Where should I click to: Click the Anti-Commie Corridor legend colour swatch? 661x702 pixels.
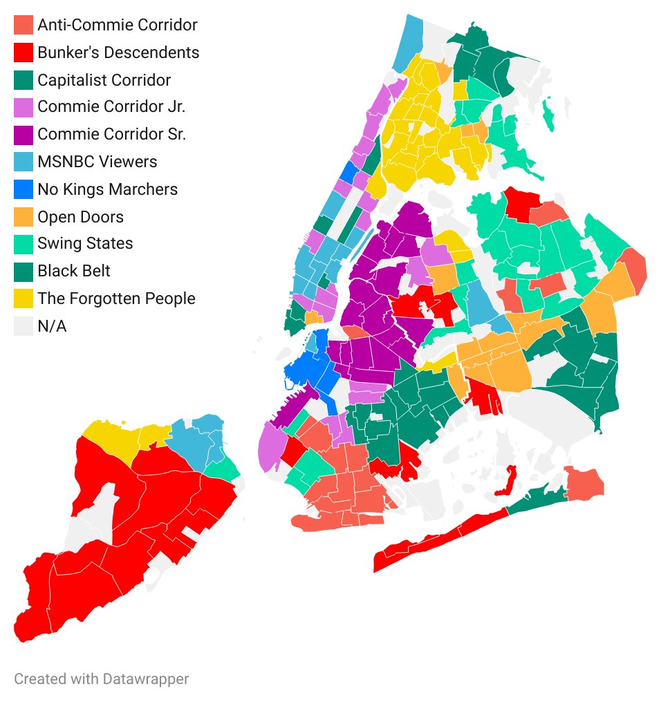tap(24, 25)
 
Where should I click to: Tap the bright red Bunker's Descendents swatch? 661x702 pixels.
tap(24, 53)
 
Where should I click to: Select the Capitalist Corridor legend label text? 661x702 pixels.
tap(104, 80)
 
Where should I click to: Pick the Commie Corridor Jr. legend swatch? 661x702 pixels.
tap(24, 107)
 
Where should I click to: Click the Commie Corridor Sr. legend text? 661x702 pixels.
tap(111, 135)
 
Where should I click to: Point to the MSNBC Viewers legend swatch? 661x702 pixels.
tap(24, 162)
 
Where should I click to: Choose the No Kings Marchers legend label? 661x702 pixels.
tap(107, 189)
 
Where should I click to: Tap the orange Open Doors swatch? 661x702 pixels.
tap(24, 216)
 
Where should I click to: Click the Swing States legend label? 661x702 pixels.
tap(85, 244)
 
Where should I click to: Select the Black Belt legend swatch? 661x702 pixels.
tap(24, 271)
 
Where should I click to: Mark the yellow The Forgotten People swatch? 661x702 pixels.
tap(24, 298)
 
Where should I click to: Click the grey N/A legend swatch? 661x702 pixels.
tap(24, 325)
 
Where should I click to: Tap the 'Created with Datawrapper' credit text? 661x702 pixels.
tap(101, 679)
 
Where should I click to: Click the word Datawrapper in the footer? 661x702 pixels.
tap(147, 679)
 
